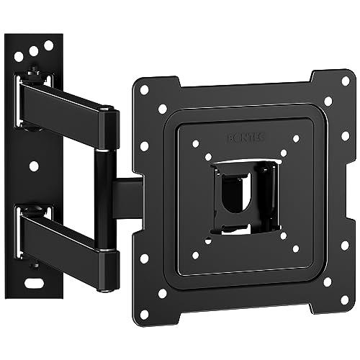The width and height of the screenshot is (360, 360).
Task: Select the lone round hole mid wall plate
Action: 34,166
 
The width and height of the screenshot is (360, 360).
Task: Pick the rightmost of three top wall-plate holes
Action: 49,45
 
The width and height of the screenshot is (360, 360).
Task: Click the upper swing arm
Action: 65,109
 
